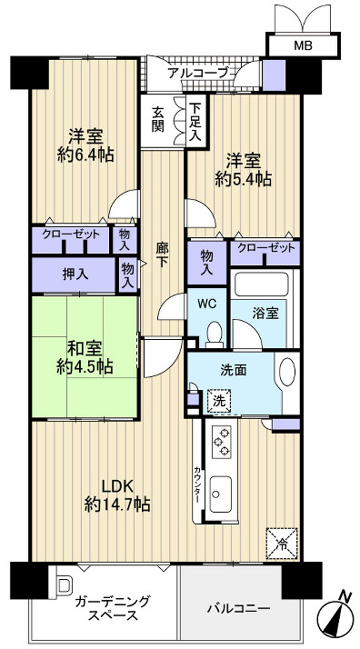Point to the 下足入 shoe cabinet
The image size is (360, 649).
pos(195,120)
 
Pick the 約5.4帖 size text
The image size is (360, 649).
pos(242,180)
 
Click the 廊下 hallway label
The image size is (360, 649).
pos(161,253)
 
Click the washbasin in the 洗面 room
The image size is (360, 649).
pos(285,374)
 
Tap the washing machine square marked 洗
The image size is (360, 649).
pos(219,398)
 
